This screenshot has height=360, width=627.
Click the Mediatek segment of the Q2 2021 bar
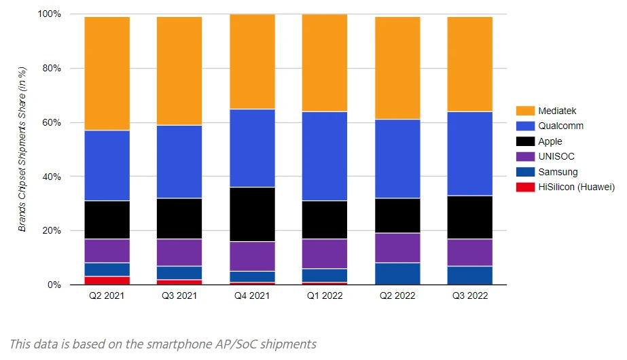[107, 73]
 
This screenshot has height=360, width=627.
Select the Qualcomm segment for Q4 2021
[252, 148]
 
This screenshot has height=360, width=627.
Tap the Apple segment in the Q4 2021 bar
[252, 214]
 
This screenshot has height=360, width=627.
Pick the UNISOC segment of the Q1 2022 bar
[324, 253]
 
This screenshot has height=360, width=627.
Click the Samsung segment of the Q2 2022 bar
[397, 274]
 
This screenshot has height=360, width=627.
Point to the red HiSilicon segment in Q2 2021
[107, 281]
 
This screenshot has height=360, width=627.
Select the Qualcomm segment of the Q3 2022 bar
[469, 154]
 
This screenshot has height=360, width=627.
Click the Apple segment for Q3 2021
[179, 219]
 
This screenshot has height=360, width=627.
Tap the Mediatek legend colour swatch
[525, 111]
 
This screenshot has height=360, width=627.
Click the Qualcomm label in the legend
[560, 126]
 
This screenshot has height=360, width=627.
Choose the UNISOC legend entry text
[556, 156]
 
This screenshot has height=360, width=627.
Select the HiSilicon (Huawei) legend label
[576, 187]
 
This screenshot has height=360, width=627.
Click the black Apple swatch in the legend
[525, 141]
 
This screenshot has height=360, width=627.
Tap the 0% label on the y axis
[54, 285]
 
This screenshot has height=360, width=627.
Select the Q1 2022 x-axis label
[324, 296]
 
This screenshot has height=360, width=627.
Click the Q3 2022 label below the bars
[469, 296]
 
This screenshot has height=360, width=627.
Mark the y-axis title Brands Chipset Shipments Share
[22, 149]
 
